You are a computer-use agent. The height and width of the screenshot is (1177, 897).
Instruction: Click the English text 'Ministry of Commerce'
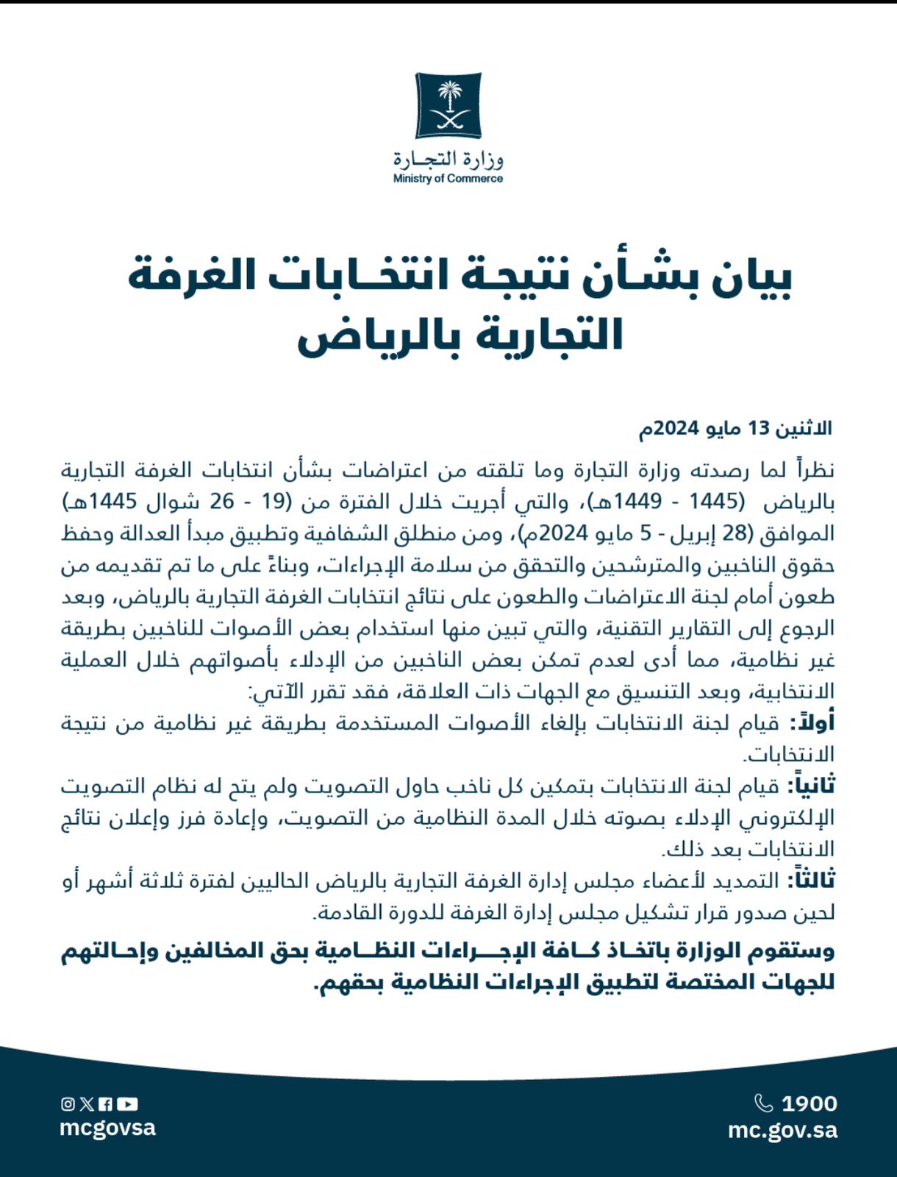pos(448,179)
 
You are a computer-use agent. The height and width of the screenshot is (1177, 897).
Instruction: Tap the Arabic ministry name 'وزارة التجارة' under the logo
pos(448,159)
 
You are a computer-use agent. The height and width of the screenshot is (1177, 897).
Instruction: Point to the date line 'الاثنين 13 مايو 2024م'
pos(735,428)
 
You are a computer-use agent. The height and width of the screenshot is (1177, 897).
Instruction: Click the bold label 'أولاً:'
pos(812,723)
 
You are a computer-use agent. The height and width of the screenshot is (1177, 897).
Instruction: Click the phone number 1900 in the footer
pos(809,1103)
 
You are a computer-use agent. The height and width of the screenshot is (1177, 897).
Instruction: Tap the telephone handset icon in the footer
pos(764,1103)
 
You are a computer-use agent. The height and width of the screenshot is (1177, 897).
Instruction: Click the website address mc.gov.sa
pos(782,1130)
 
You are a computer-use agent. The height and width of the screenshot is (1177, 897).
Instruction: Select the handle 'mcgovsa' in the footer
pos(107,1128)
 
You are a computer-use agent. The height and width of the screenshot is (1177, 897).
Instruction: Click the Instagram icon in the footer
pos(68,1103)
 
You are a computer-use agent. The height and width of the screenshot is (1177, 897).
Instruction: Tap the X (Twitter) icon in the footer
pos(87,1103)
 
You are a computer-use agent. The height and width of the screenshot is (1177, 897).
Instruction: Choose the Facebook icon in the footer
pos(106,1103)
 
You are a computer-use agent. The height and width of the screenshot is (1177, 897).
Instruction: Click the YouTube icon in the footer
pos(127,1103)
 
